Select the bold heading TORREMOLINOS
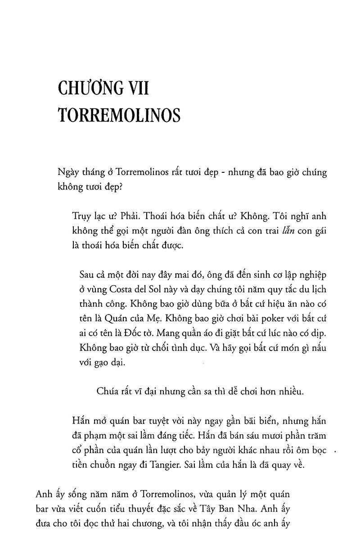click(119, 115)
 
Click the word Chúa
click(108, 391)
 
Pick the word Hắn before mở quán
click(81, 421)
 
